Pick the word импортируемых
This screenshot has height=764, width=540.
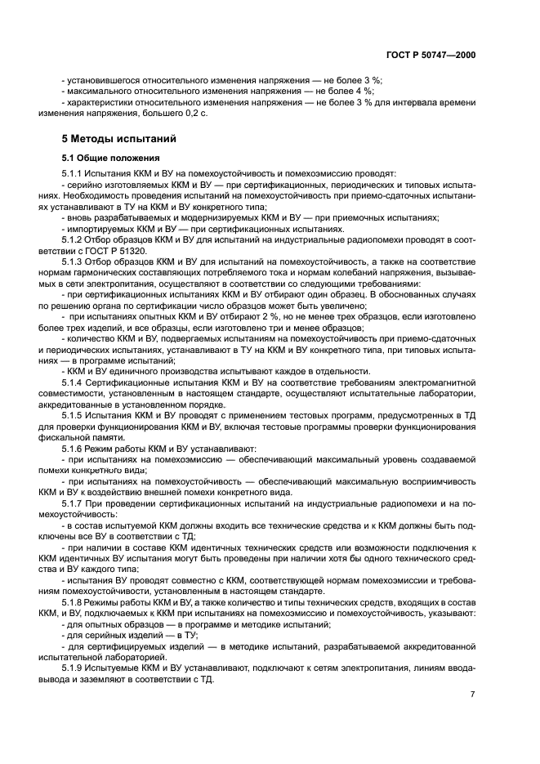[x=98, y=230]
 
